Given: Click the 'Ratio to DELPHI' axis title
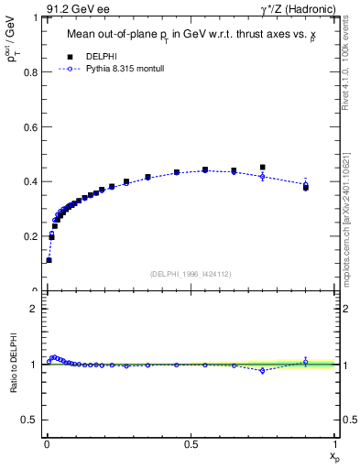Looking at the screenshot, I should pos(13,365).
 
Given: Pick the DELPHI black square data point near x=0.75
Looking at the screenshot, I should pos(263,168).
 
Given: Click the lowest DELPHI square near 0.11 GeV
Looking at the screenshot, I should pos(49,260).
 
